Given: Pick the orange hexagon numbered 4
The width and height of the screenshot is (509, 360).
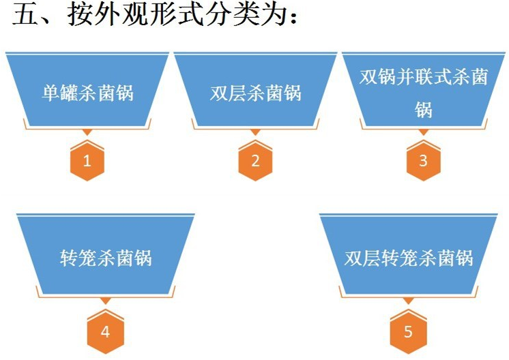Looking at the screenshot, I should point(105,333).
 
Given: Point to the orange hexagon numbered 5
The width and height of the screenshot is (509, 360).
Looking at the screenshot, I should point(408,333).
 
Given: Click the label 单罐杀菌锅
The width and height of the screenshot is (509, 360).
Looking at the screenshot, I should point(87,93).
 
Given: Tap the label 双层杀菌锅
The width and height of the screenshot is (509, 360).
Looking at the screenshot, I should point(255,93).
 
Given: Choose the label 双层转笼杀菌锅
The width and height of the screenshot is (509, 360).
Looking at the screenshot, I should point(408,259).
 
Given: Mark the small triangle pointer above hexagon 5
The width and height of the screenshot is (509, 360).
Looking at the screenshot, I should point(408,301).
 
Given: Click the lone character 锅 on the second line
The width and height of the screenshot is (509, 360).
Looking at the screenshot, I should point(423,110).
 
